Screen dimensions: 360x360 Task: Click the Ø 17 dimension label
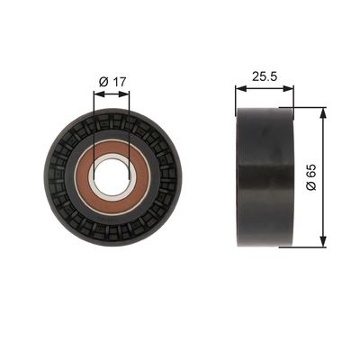click(112, 82)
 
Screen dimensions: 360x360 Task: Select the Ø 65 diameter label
click(310, 176)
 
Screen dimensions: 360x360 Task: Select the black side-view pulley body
click(265, 176)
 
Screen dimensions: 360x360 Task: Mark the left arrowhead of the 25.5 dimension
click(239, 88)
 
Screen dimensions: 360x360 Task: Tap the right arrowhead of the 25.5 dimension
click(290, 88)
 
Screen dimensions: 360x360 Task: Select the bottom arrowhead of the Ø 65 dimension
click(321, 241)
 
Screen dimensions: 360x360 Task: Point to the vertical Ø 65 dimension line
click(321, 207)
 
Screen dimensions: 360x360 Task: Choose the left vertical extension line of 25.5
click(236, 97)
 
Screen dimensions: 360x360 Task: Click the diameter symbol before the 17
click(104, 82)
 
